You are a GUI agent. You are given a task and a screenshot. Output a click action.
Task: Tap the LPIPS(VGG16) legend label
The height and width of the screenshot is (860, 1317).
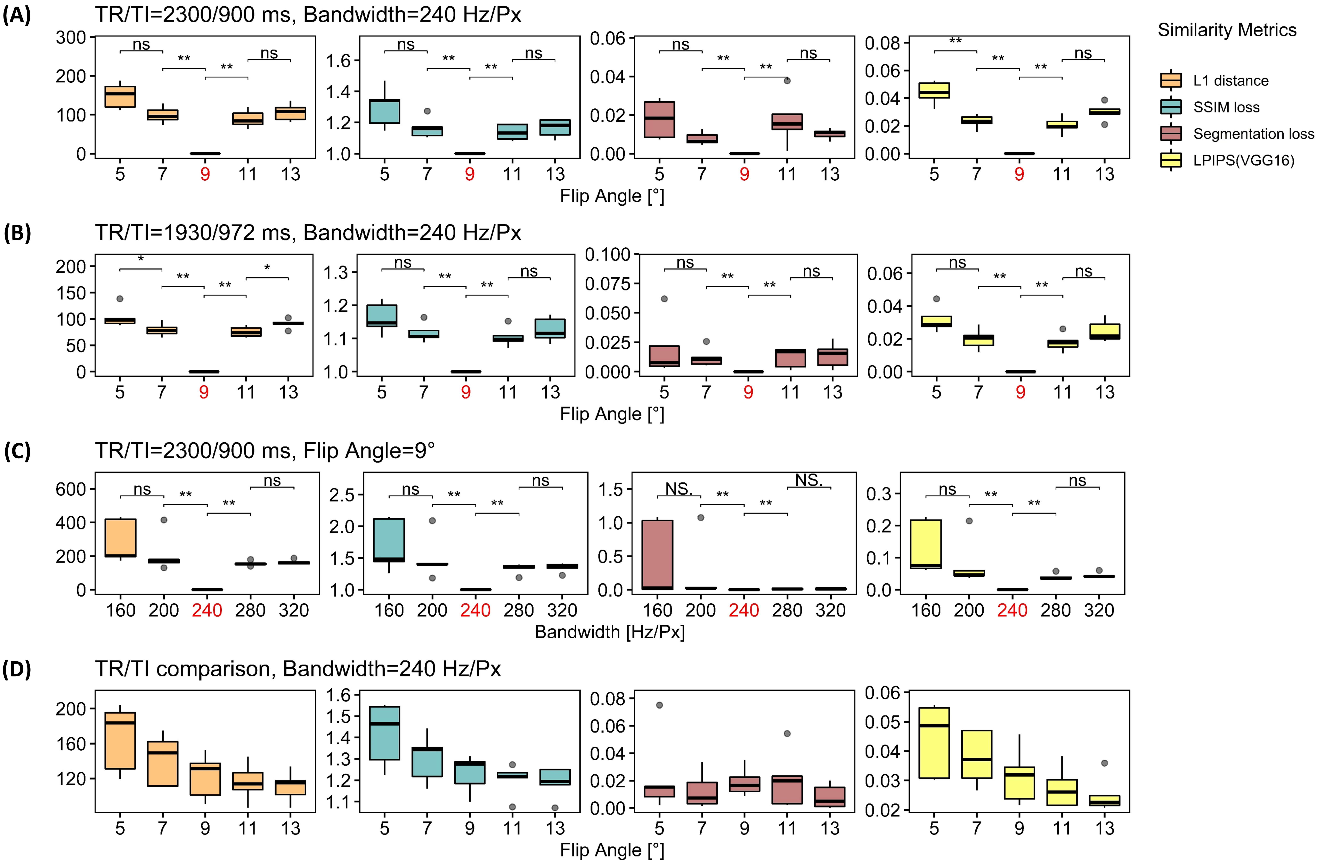click(1243, 161)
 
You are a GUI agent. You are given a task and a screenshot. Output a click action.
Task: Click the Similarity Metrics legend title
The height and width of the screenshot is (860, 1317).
click(1227, 30)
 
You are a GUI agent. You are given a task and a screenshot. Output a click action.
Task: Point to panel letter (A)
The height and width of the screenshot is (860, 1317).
click(17, 15)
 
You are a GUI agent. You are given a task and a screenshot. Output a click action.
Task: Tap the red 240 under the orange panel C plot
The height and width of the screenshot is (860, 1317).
click(207, 611)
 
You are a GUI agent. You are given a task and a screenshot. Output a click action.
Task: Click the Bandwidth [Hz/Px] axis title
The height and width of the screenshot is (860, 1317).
click(609, 632)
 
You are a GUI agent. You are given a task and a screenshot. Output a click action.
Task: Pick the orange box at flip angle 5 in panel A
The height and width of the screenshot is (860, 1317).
click(120, 96)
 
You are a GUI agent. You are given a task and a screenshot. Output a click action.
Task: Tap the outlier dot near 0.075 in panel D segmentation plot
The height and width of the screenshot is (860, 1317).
click(659, 705)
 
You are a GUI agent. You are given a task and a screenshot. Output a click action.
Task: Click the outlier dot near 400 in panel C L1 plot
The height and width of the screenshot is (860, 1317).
click(164, 520)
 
